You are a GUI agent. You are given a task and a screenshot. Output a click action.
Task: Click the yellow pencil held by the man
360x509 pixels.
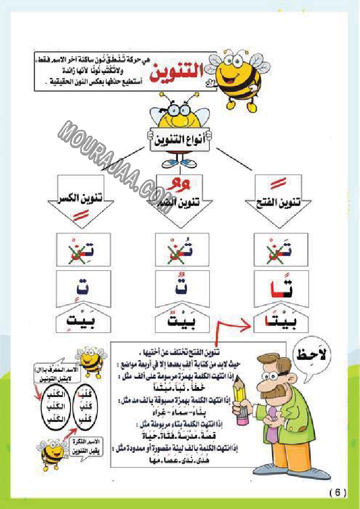click(x=240, y=398)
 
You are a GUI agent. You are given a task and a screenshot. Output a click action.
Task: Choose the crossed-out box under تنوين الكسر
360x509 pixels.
click(x=83, y=249)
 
